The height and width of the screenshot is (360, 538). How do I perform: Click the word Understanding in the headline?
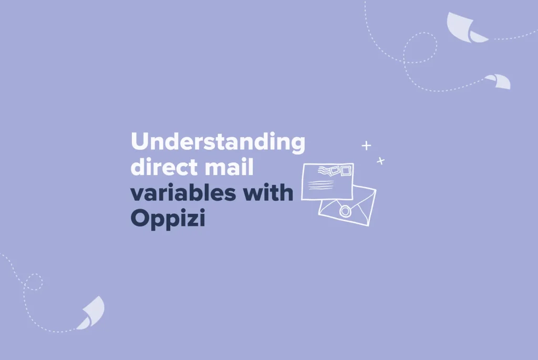[x=218, y=142]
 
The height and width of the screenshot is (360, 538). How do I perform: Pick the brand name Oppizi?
[x=168, y=219]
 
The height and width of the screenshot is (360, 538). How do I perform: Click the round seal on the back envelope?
[x=345, y=211]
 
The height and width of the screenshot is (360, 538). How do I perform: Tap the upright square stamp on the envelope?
[x=346, y=171]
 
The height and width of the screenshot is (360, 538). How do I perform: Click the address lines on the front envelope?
[x=320, y=185]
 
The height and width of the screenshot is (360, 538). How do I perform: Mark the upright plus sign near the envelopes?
[x=366, y=146]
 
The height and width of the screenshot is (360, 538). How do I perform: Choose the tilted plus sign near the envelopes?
[x=380, y=161]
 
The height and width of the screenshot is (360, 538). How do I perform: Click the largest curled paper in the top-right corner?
[x=465, y=27]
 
